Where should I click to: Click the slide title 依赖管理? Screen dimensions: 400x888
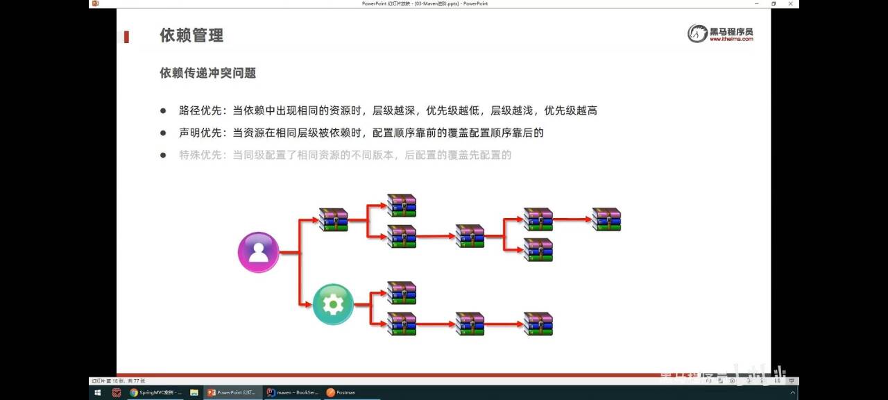click(191, 35)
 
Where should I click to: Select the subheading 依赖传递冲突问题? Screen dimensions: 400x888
click(208, 73)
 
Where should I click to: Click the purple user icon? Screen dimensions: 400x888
click(258, 252)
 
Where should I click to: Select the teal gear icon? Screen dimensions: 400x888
click(333, 304)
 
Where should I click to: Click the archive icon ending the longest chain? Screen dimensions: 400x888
click(606, 219)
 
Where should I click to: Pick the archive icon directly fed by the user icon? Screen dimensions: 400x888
click(333, 219)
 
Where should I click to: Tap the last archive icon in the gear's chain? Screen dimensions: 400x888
click(538, 324)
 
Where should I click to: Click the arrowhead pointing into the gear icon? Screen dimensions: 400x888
click(309, 304)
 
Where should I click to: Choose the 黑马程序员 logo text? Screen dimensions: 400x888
click(731, 31)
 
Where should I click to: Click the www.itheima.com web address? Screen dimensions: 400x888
click(731, 40)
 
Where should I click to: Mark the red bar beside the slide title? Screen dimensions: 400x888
click(126, 37)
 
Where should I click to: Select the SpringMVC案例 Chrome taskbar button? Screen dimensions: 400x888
click(155, 392)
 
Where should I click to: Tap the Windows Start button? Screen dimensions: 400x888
click(97, 392)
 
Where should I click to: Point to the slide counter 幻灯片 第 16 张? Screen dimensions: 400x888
click(118, 381)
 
